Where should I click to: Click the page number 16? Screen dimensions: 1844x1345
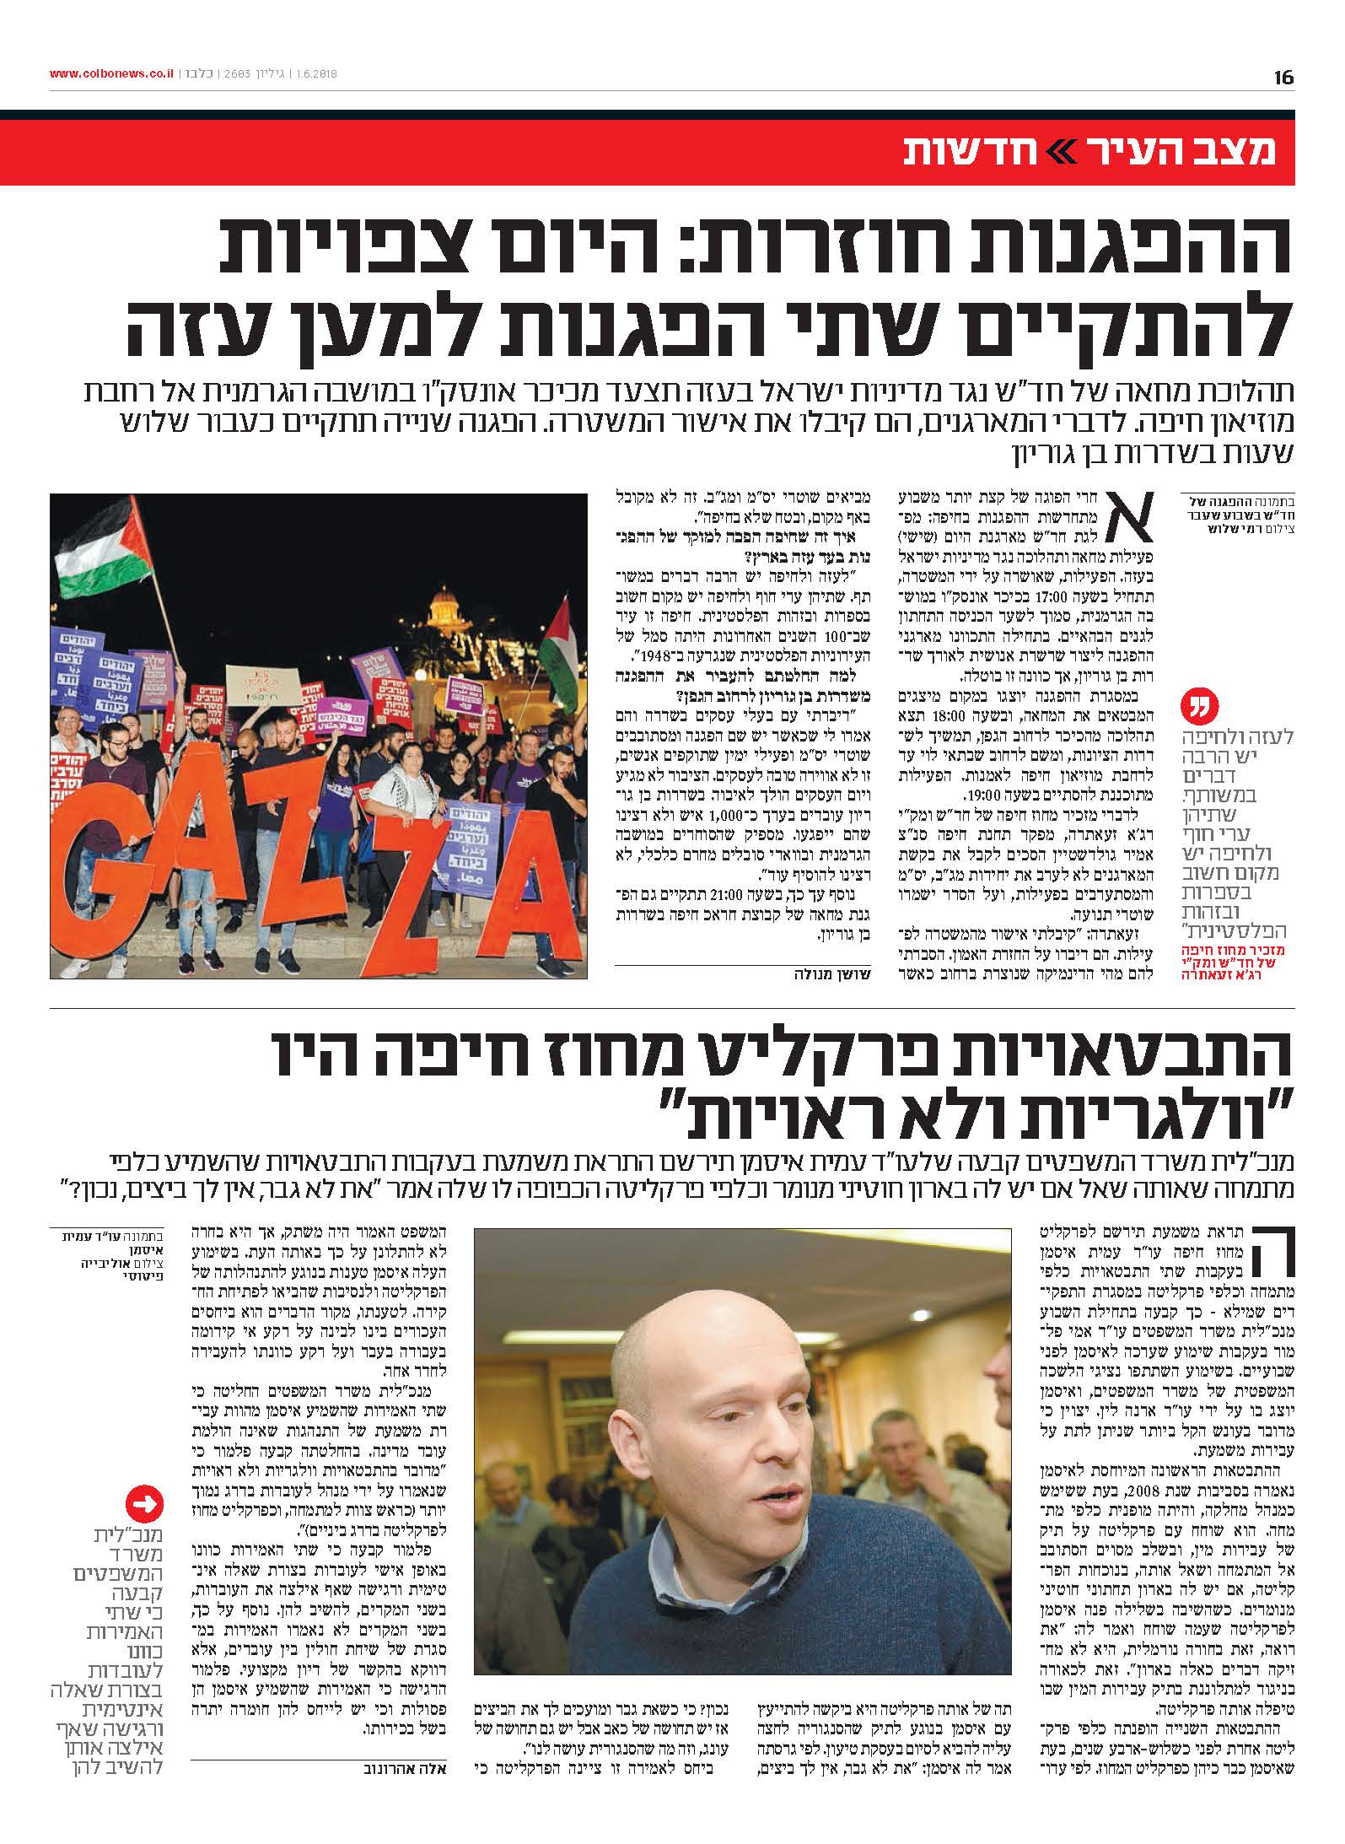coord(1283,78)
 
